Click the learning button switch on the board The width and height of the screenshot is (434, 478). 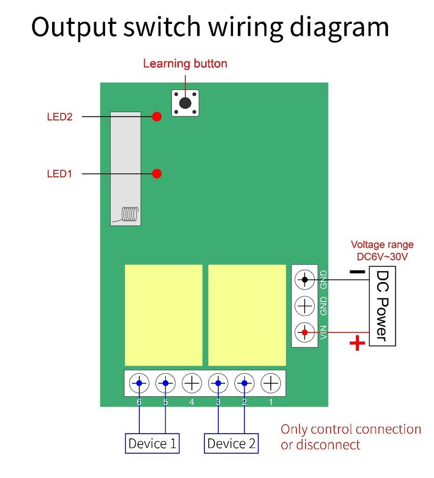(x=185, y=103)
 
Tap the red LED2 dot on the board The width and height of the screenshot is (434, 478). (x=157, y=116)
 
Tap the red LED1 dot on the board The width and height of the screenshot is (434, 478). (x=157, y=174)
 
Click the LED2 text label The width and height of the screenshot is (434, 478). (x=60, y=117)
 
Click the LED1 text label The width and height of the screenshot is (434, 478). (x=59, y=174)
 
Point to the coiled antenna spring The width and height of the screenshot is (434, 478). (x=129, y=214)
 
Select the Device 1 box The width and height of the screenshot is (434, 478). (x=152, y=444)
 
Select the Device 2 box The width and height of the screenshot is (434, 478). (x=232, y=444)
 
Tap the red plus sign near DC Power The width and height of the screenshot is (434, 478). (x=357, y=343)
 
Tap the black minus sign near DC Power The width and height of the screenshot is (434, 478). (x=357, y=272)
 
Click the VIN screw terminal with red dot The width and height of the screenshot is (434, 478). (x=304, y=332)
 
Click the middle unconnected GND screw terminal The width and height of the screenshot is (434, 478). (x=304, y=305)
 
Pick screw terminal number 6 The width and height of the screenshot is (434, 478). (x=139, y=383)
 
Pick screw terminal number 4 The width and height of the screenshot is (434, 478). (x=191, y=383)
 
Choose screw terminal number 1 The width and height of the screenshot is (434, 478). (x=270, y=383)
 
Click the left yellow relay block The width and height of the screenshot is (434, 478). (x=164, y=315)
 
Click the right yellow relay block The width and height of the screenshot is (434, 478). (x=247, y=315)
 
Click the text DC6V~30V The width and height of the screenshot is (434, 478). (x=382, y=257)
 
